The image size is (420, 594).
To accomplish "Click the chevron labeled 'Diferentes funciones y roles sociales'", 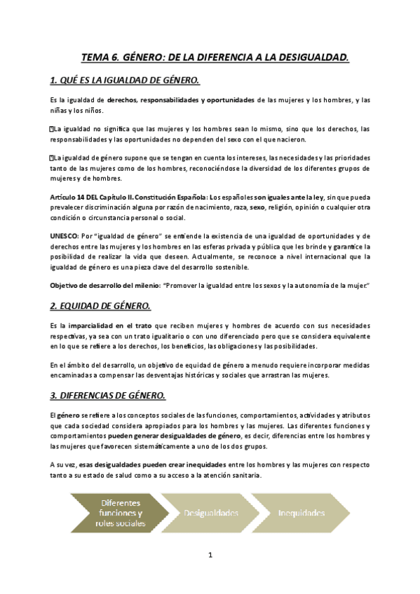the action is [x=120, y=513].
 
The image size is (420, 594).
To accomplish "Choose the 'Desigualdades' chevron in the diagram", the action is [x=210, y=513].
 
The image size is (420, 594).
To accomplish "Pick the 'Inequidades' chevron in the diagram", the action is [x=302, y=513].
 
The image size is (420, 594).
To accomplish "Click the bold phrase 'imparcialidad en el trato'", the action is [x=110, y=326].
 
